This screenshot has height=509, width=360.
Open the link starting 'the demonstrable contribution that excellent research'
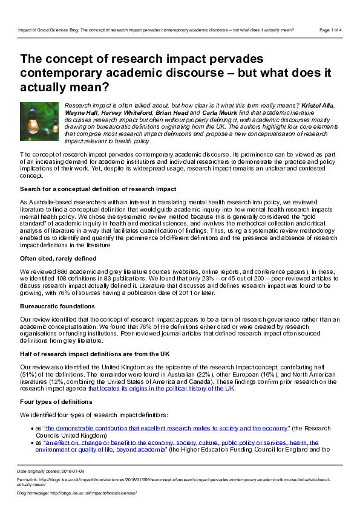(166, 428)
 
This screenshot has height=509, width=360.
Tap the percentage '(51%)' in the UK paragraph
(30, 374)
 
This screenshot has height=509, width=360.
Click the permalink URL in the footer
(182, 479)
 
